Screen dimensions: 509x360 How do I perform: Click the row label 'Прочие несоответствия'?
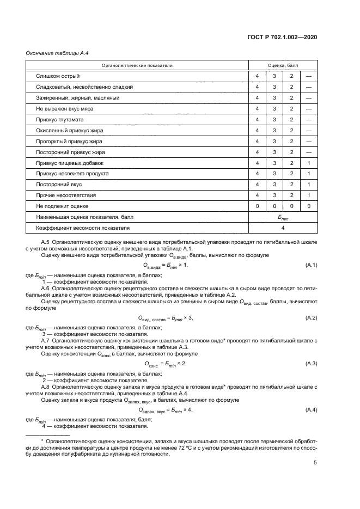(66, 195)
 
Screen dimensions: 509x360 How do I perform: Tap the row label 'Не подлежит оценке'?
(62, 206)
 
